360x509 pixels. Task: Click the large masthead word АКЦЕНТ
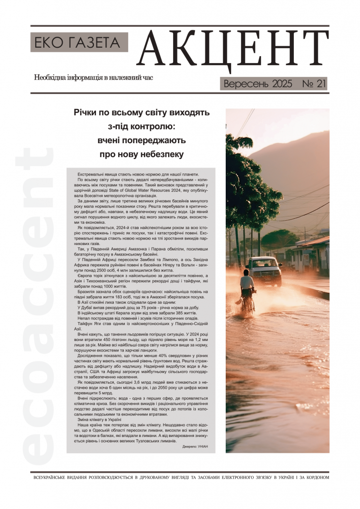click(233, 52)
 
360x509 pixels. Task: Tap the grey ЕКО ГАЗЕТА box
click(80, 42)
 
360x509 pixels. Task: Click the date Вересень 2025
click(258, 84)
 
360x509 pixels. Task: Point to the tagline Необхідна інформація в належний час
click(93, 78)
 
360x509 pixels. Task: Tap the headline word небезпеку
click(159, 154)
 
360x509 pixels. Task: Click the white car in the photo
click(264, 269)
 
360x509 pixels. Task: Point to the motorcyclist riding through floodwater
click(247, 292)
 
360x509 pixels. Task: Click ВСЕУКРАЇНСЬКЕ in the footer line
click(54, 478)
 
